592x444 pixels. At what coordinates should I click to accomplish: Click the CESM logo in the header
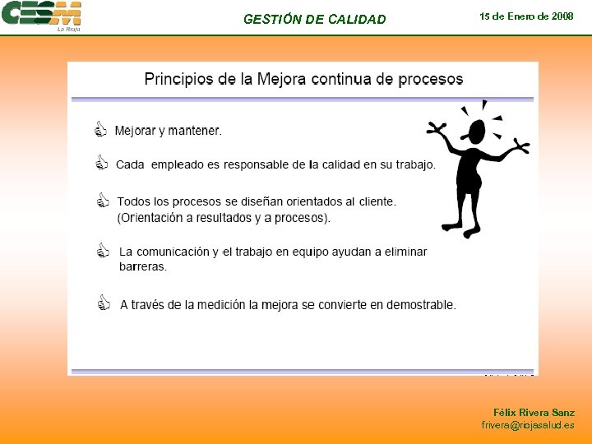point(41,16)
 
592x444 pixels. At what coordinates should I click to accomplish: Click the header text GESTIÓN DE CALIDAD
point(314,20)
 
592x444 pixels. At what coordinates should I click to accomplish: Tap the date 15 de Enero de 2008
point(526,16)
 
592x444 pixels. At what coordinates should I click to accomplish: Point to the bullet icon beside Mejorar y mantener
point(101,130)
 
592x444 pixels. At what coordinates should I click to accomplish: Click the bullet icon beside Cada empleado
point(101,164)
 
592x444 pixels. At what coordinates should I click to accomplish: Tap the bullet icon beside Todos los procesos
point(102,201)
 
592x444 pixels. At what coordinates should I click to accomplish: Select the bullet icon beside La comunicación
point(103,251)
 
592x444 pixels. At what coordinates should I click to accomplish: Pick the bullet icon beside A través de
point(103,303)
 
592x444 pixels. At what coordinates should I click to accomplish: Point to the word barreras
point(143,267)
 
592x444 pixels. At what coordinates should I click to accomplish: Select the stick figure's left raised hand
point(435,128)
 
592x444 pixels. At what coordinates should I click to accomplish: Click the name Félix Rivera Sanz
point(534,412)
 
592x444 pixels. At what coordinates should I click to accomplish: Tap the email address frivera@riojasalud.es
point(528,425)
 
